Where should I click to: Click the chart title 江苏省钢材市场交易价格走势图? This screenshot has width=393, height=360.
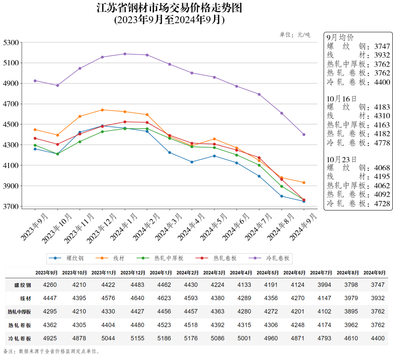(x=169, y=8)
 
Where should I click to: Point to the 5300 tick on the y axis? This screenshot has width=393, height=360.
(x=11, y=42)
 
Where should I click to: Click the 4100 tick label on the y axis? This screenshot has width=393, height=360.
(x=11, y=165)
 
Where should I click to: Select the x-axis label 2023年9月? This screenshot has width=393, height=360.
(x=34, y=227)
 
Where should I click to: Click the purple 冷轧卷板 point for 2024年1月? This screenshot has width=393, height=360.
(x=125, y=54)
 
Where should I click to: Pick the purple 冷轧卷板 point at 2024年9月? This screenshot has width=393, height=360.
(x=304, y=135)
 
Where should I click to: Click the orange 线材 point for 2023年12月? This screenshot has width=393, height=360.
(x=103, y=110)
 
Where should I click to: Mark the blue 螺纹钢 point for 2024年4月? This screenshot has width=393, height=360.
(x=192, y=162)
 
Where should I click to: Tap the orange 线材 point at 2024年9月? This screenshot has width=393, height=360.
(x=304, y=183)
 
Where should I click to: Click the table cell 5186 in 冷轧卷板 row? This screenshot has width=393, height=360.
(x=164, y=338)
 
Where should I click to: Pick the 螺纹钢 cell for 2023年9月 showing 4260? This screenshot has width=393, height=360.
(x=50, y=285)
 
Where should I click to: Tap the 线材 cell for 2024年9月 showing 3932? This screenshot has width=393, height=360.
(x=378, y=298)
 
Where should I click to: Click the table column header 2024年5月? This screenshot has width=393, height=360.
(x=268, y=273)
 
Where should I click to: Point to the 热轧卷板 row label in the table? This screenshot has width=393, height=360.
(x=20, y=325)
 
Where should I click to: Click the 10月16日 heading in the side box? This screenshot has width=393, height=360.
(x=342, y=99)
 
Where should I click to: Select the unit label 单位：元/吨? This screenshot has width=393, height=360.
(x=295, y=35)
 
